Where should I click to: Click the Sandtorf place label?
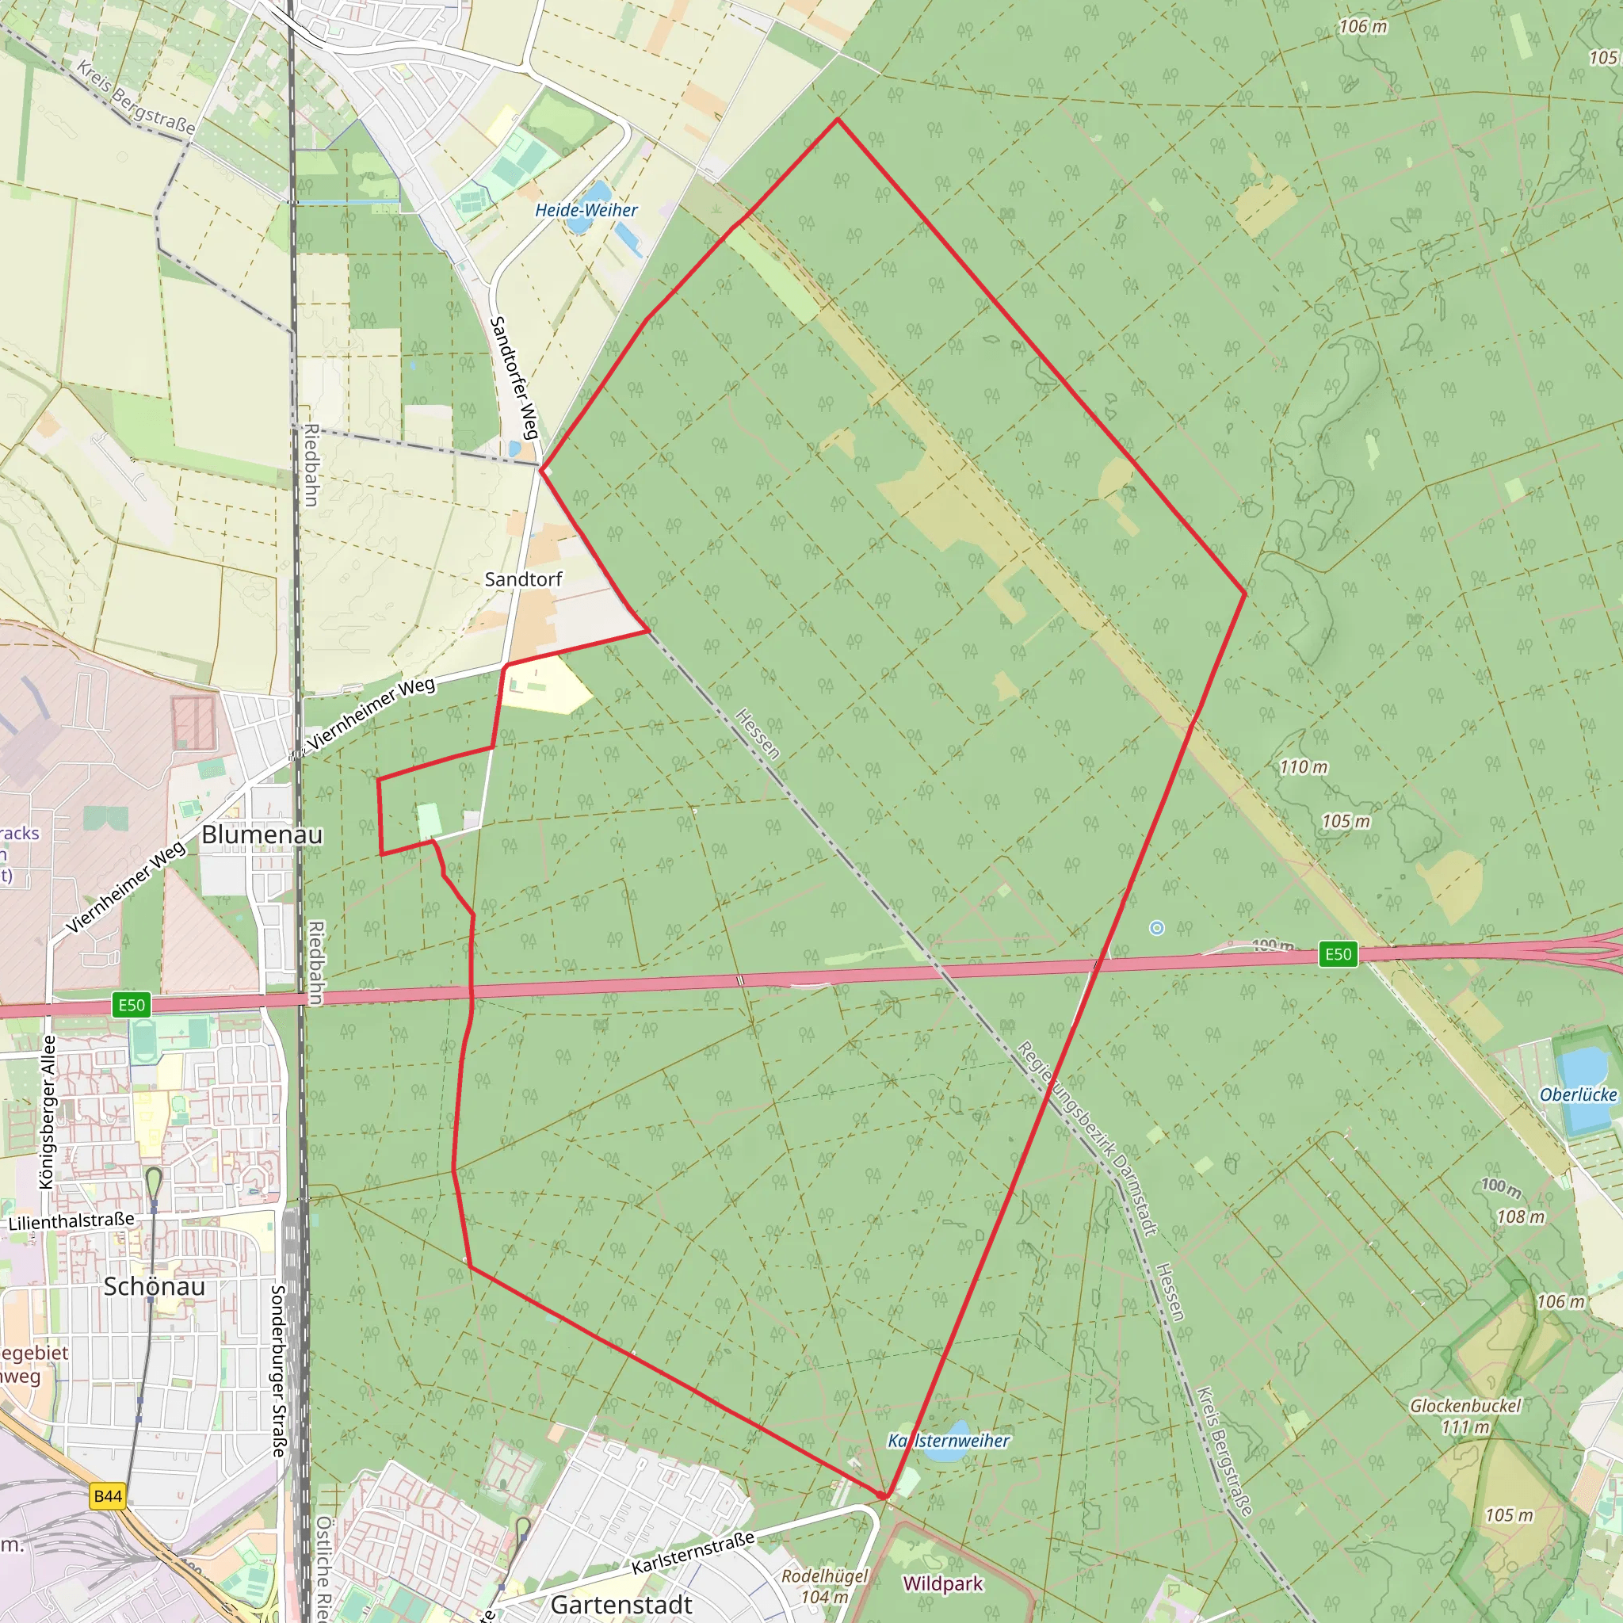pos(523,579)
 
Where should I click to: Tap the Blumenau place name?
pos(262,834)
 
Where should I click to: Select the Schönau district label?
pos(154,1286)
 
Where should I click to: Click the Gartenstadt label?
pos(621,1604)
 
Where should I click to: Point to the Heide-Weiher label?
pos(586,210)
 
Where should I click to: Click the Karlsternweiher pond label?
pos(949,1441)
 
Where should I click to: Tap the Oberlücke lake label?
pos(1578,1094)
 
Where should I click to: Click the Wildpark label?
pos(942,1583)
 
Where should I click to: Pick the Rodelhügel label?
pos(824,1576)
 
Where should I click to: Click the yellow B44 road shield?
pos(108,1496)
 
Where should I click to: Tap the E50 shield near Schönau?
pos(132,1006)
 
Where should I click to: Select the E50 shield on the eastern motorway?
pos(1338,954)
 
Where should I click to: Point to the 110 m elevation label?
pos(1304,767)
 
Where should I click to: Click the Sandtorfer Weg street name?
pos(514,377)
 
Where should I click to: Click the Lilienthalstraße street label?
pos(71,1220)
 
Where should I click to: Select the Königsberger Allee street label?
pos(47,1112)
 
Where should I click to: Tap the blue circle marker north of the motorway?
pos(1157,927)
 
